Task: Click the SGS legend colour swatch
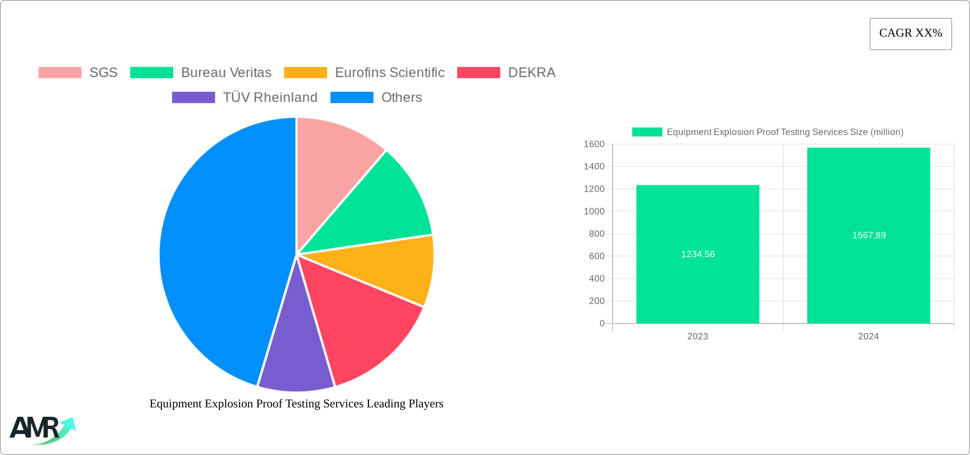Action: coord(60,73)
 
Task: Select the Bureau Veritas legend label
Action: coord(226,73)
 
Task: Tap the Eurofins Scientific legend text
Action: coord(389,73)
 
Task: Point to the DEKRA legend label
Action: coord(531,73)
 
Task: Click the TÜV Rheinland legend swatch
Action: coord(194,97)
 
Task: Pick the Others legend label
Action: coord(401,97)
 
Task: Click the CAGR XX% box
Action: coord(910,34)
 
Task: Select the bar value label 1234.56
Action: coord(698,254)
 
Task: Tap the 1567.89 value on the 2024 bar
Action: coord(869,235)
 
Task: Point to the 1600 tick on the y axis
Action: coord(594,144)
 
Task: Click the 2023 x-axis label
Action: coord(698,336)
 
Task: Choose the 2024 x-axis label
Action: coord(868,336)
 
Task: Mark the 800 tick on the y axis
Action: coord(596,234)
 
